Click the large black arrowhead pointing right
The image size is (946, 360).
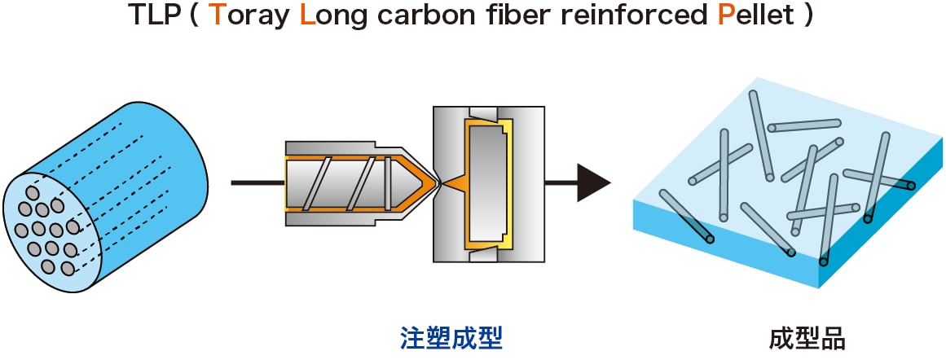[x=592, y=182]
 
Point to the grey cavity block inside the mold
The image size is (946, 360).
[x=486, y=183]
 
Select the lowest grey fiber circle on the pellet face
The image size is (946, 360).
[x=49, y=266]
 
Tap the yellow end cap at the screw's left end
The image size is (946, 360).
[x=286, y=183]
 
